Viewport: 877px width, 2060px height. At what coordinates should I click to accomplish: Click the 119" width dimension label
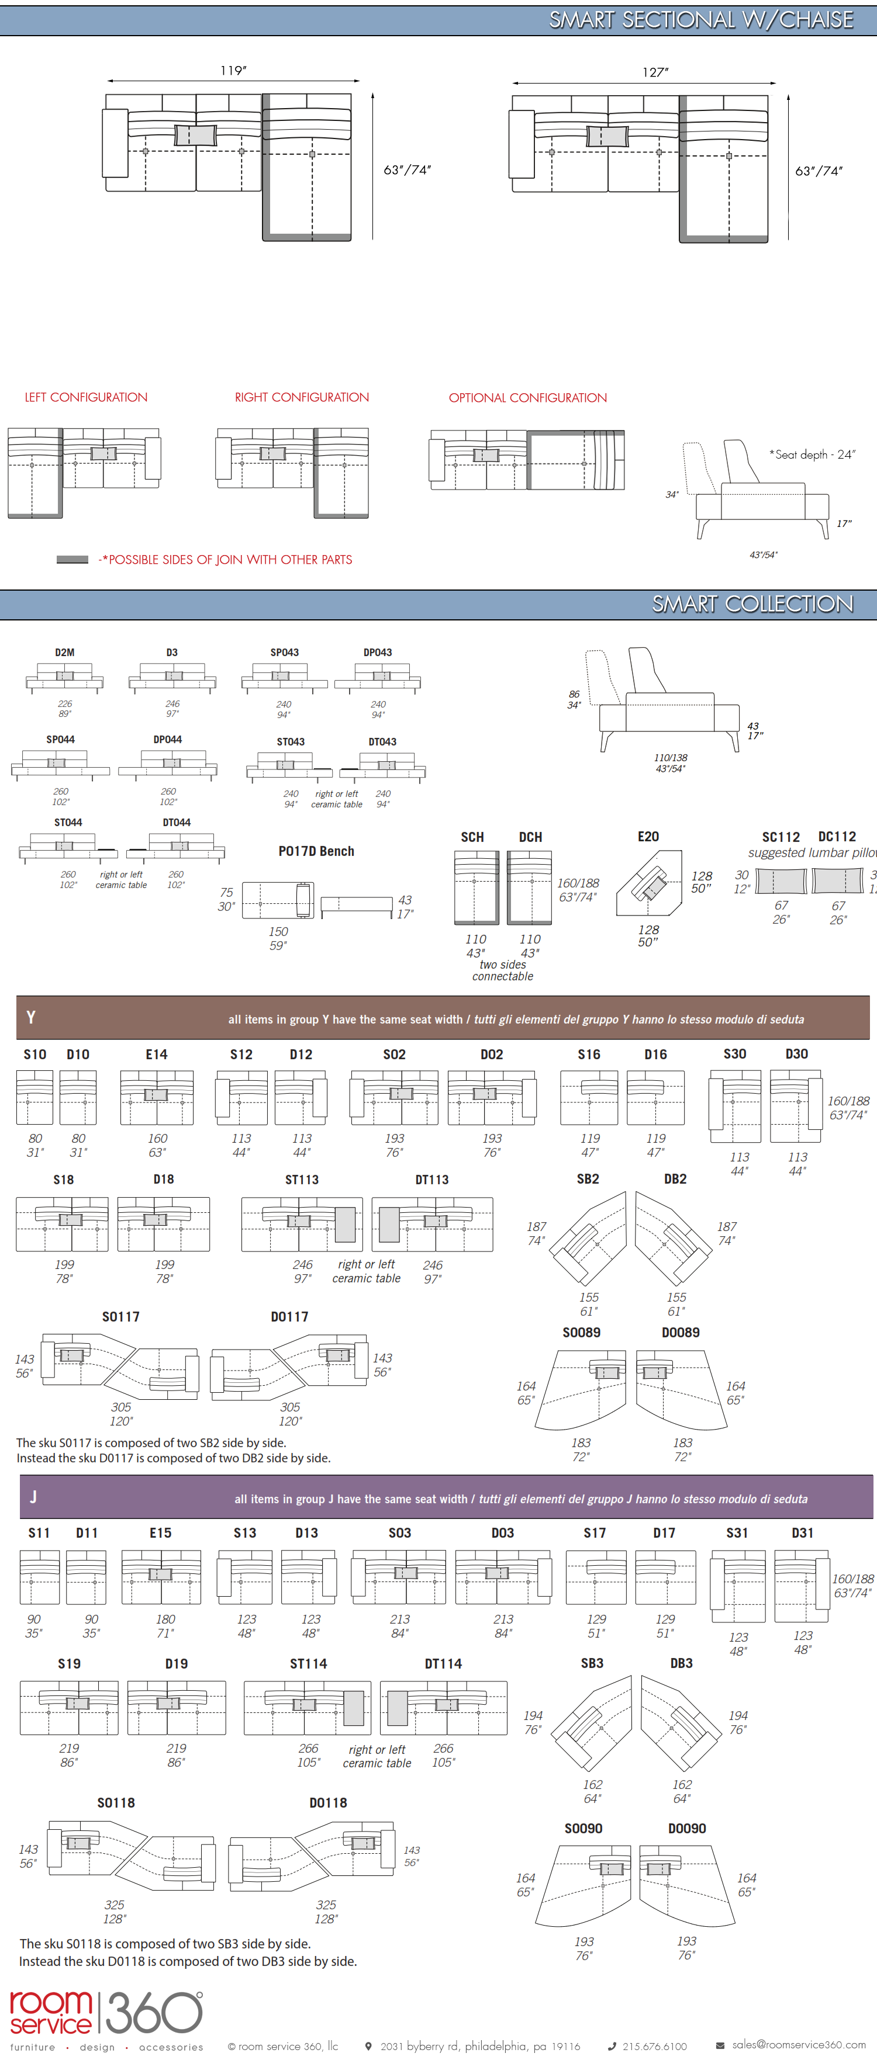(233, 70)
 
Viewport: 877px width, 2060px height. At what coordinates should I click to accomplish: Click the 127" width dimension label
(655, 72)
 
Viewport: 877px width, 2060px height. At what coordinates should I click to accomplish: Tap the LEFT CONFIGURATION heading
(85, 397)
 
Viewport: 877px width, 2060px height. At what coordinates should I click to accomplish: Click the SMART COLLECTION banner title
(752, 605)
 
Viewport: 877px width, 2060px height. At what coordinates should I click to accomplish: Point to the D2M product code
(65, 653)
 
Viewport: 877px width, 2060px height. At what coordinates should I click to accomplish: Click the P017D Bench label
(316, 851)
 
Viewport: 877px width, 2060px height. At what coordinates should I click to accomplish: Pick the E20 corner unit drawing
(649, 883)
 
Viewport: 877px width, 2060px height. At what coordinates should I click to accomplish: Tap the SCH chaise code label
(472, 837)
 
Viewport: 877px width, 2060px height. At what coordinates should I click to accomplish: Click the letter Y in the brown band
(30, 1017)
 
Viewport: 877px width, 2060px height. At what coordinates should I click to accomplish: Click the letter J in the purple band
(33, 1497)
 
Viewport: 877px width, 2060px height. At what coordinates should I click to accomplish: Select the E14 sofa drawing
(157, 1097)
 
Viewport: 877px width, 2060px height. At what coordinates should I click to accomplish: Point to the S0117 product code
(121, 1316)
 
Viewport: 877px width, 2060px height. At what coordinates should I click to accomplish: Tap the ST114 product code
(308, 1663)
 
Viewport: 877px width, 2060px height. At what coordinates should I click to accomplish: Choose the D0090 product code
(686, 1828)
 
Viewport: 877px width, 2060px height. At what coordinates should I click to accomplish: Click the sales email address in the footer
(798, 2045)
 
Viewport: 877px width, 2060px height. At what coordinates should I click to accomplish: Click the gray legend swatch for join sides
(72, 560)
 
